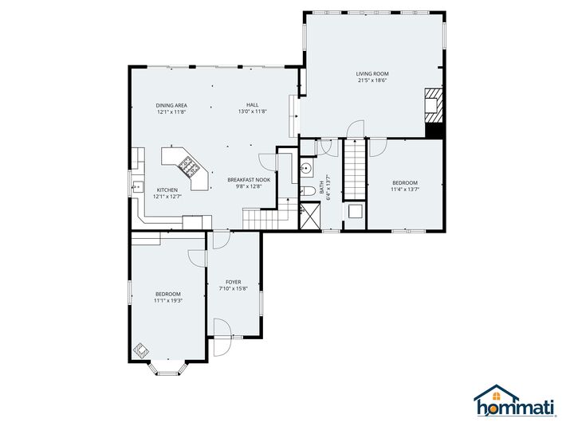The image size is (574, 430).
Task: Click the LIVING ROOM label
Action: [x=372, y=74]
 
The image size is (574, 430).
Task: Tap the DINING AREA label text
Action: [x=171, y=105]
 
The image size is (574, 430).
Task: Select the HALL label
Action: [x=252, y=105]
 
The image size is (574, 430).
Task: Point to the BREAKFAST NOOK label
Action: [x=249, y=180]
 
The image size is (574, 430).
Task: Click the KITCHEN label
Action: [x=167, y=190]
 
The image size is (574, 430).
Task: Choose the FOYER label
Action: [x=233, y=282]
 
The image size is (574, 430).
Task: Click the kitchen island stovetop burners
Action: [x=190, y=166]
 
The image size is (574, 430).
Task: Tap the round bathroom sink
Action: [x=306, y=169]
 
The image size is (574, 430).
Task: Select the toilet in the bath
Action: [x=306, y=191]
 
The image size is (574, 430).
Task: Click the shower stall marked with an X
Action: [x=309, y=214]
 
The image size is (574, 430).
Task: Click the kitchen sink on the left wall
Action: [x=133, y=188]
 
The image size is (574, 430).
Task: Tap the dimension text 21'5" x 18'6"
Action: [x=372, y=80]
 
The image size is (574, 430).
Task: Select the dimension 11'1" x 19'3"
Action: [x=168, y=300]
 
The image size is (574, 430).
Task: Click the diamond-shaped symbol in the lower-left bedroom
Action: [x=141, y=350]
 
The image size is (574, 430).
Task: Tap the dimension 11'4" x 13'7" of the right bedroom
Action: [x=404, y=190]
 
